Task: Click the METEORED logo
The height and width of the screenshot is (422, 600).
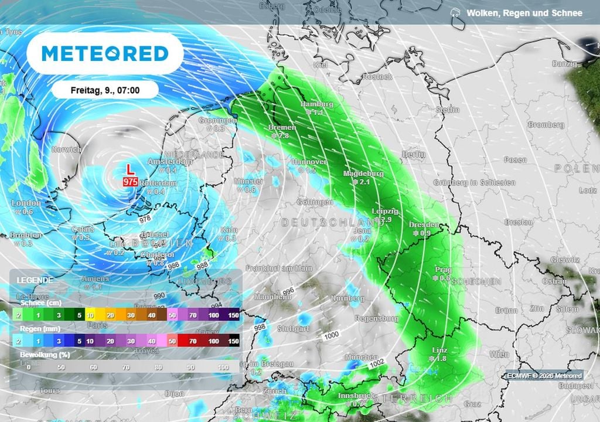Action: pyautogui.click(x=105, y=53)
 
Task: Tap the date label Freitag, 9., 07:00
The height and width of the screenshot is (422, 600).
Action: pyautogui.click(x=105, y=90)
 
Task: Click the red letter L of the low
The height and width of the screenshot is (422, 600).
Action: pyautogui.click(x=130, y=169)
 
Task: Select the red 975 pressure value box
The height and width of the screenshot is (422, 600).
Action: pyautogui.click(x=130, y=182)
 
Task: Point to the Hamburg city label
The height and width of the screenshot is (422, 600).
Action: pyautogui.click(x=316, y=104)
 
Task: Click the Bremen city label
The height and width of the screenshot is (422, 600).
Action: pyautogui.click(x=281, y=127)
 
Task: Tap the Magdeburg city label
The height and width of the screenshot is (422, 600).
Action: pyautogui.click(x=363, y=174)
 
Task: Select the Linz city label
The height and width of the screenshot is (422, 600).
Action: pyautogui.click(x=439, y=350)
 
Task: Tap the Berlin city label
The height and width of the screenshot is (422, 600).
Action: pyautogui.click(x=414, y=154)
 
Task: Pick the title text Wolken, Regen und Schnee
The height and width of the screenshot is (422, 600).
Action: pyautogui.click(x=524, y=13)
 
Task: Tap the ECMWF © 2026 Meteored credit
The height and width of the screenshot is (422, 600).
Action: pyautogui.click(x=544, y=376)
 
